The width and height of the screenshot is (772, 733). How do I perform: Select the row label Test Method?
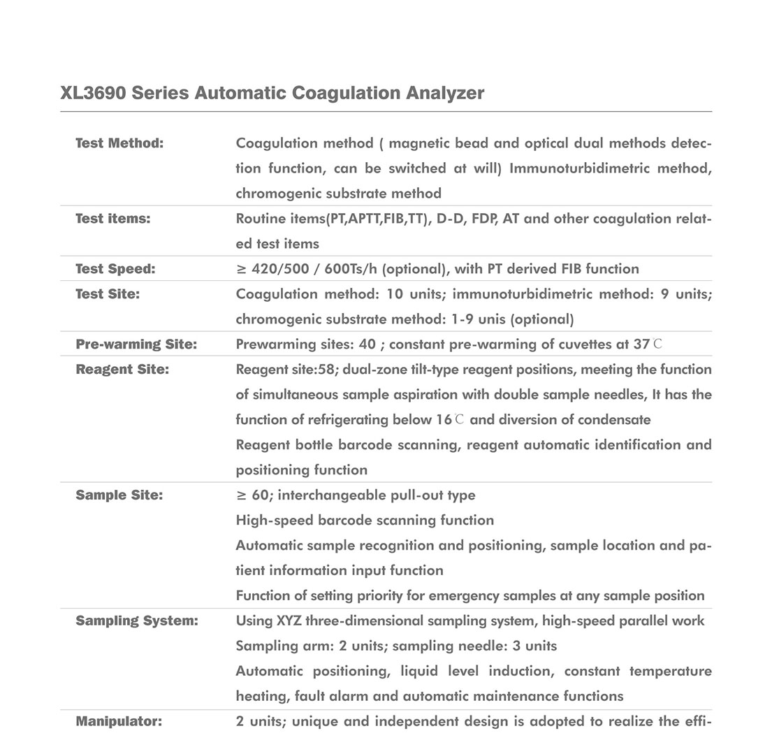pos(119,143)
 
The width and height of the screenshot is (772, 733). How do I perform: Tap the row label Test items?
pos(113,219)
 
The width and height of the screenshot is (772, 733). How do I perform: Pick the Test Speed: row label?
pos(115,269)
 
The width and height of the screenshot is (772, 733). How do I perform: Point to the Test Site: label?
pos(108,294)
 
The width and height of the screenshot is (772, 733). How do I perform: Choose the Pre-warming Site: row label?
pos(136,344)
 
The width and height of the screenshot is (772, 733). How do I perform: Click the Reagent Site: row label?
pos(122,370)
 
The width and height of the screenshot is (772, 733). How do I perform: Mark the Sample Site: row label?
pos(119,495)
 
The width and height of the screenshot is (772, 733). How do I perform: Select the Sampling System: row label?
pos(137,621)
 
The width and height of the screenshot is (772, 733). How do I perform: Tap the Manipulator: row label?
pos(119,721)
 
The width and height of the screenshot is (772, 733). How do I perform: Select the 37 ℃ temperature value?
pos(646,344)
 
